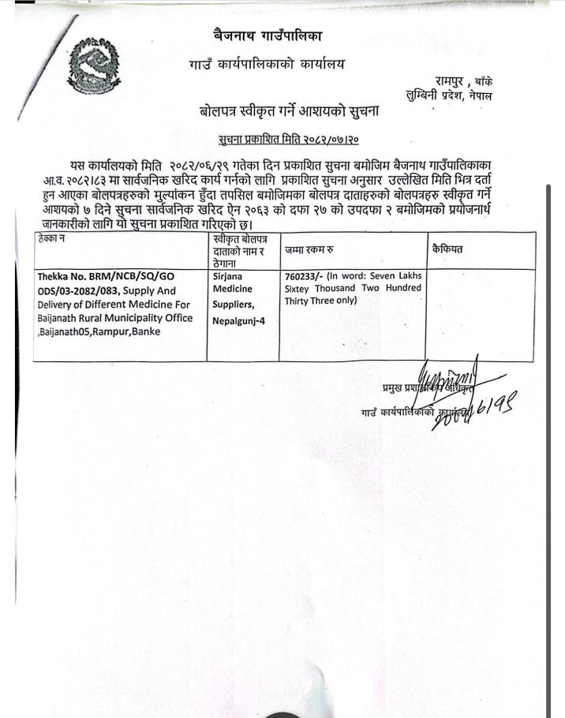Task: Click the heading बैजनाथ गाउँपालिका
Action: click(268, 35)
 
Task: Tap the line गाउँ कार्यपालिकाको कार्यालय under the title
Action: click(267, 64)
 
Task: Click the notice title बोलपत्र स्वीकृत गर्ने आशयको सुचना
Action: click(290, 112)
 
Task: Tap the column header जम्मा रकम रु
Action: click(309, 249)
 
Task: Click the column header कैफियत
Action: click(447, 249)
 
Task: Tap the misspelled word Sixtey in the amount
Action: click(300, 289)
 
